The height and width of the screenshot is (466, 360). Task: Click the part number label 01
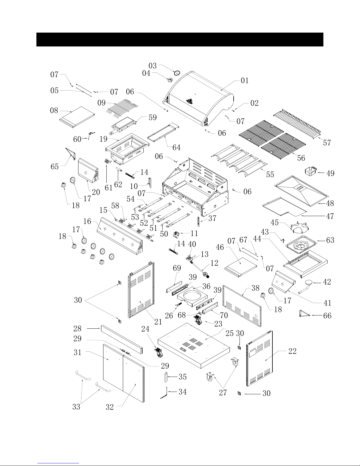pos(245,81)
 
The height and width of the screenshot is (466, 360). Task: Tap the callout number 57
pos(327,143)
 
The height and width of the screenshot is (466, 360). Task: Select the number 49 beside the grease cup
pos(330,173)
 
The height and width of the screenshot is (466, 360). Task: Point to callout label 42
pos(327,282)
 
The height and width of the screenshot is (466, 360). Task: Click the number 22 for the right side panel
pos(292,351)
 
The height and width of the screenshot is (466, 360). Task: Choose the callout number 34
pos(182,392)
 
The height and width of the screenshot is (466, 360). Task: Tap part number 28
pos(77,328)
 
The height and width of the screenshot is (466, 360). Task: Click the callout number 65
pos(55,167)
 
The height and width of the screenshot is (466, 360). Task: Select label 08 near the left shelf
pos(54,111)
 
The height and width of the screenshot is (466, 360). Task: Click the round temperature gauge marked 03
pos(177,73)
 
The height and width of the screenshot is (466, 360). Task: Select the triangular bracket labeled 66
pos(304,314)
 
